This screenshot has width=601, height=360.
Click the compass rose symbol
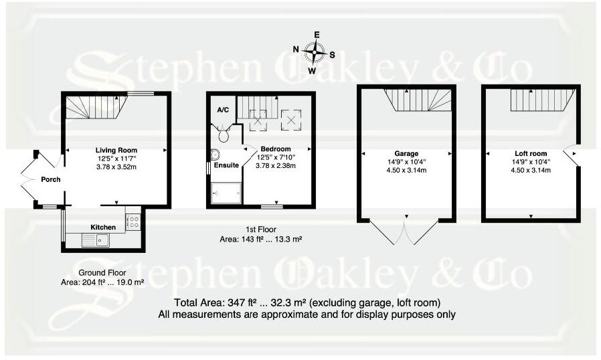click(x=314, y=51)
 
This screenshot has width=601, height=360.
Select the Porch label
click(x=51, y=179)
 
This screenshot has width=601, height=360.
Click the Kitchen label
click(x=103, y=228)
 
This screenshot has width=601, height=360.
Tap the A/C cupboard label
click(x=223, y=109)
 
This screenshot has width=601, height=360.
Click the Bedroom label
click(x=276, y=149)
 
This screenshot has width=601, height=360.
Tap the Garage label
click(x=407, y=153)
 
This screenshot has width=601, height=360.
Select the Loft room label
click(x=530, y=153)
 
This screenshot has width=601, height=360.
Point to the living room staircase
click(x=96, y=105)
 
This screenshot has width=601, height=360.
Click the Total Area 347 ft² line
click(x=307, y=302)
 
